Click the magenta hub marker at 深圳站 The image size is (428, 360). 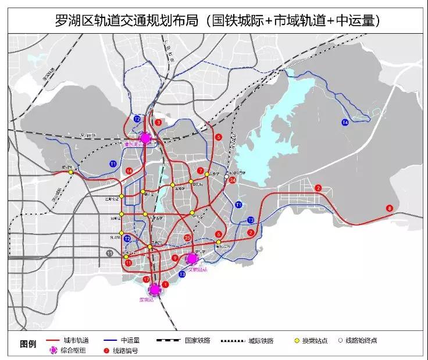pyautogui.click(x=155, y=289)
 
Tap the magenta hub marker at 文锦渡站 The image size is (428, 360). pyautogui.click(x=192, y=258)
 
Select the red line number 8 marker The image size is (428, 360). pyautogui.click(x=389, y=208)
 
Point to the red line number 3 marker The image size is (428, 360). pyautogui.click(x=158, y=122)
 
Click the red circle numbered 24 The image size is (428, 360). pyautogui.click(x=233, y=181)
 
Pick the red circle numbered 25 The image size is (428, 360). pyautogui.click(x=187, y=238)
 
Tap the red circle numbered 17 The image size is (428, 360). pyautogui.click(x=146, y=280)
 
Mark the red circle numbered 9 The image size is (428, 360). pyautogui.click(x=175, y=258)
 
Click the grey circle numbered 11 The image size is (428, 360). pyautogui.click(x=110, y=253)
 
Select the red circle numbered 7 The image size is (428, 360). pyautogui.click(x=201, y=171)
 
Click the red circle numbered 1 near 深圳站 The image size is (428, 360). pyautogui.click(x=165, y=284)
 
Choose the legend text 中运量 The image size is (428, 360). pyautogui.click(x=134, y=340)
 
